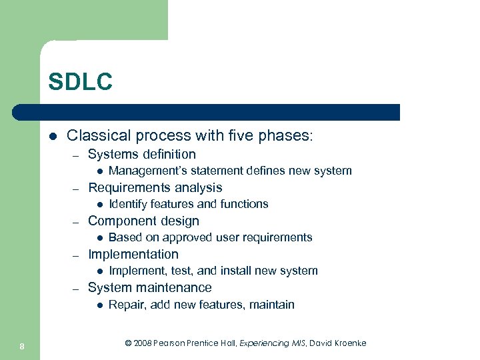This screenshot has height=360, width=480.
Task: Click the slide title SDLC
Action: pos(80,82)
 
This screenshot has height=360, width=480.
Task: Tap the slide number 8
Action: pos(22,345)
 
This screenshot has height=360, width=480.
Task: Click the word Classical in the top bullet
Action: pos(99,135)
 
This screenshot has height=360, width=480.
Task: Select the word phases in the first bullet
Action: pos(284,135)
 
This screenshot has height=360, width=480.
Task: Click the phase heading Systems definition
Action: pos(141,155)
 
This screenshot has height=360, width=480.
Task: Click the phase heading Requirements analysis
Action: pos(155,188)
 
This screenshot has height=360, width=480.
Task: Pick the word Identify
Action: pos(126,204)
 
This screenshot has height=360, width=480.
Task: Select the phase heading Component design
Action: pos(143,221)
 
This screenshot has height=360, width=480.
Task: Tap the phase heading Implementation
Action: pos(133,255)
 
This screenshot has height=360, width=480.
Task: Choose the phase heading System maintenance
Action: pos(149,288)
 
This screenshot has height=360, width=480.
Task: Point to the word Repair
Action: pos(125,305)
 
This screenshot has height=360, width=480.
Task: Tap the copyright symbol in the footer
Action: pos(128,343)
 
